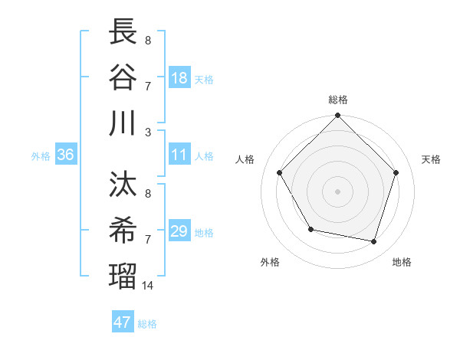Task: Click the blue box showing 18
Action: coord(179,77)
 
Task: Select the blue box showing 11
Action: coord(179,155)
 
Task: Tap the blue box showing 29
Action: coord(179,231)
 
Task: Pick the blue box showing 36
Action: coord(66,155)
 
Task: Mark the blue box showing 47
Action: coord(123,322)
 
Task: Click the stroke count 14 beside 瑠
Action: coord(148,286)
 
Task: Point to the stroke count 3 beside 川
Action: coord(148,132)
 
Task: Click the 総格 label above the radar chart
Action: coord(337,100)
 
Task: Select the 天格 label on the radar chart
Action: coord(431,159)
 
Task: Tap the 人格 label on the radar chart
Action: coord(245,159)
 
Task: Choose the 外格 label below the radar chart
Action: coord(270,262)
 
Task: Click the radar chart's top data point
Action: coord(337,116)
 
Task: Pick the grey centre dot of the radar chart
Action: coord(337,191)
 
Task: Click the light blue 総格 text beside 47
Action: coord(147,324)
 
